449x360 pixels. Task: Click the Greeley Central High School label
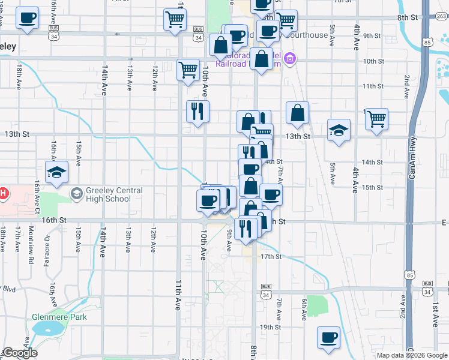tap(114, 195)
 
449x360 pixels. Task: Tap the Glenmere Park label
tap(59, 317)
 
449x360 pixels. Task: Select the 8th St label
tap(407, 17)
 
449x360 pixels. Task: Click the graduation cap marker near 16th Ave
tap(57, 172)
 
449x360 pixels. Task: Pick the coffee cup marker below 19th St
tap(328, 338)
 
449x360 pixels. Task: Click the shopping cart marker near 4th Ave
tap(376, 119)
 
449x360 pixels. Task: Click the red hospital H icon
tap(3, 194)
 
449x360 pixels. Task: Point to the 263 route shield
tap(441, 17)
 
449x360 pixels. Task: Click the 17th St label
tap(271, 257)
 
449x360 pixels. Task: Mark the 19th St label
tap(271, 327)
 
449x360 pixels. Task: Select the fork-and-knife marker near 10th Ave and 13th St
tap(197, 110)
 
